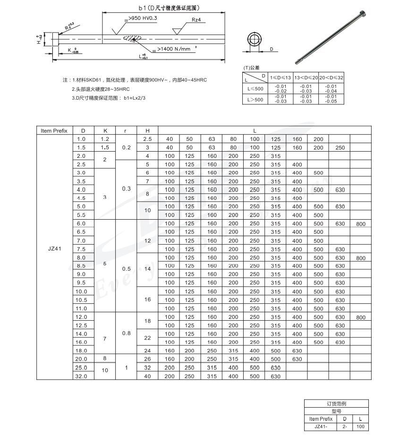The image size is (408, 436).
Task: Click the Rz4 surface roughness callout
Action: tap(197, 21)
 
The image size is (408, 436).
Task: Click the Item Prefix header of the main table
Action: tap(54, 130)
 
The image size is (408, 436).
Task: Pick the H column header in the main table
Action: tap(147, 130)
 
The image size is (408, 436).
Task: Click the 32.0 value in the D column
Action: tap(81, 376)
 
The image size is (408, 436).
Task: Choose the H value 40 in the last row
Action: tap(147, 376)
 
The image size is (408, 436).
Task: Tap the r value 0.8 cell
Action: tap(126, 333)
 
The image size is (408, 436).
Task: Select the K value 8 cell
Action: tap(105, 359)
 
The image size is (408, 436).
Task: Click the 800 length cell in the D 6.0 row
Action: tap(361, 223)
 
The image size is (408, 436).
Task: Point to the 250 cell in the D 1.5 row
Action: tap(340, 147)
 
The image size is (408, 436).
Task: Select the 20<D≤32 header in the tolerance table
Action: tap(331, 77)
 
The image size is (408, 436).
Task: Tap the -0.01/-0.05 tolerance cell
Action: tap(331, 99)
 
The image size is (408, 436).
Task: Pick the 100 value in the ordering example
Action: tap(360, 427)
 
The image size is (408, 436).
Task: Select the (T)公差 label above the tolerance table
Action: tap(251, 68)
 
